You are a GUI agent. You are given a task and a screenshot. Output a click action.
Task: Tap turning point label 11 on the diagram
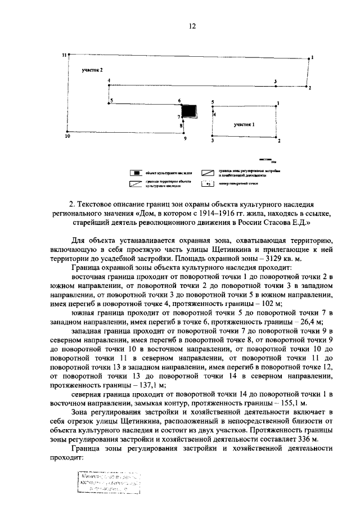click(x=64, y=55)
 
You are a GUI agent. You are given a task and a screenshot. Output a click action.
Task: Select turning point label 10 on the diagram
click(x=67, y=136)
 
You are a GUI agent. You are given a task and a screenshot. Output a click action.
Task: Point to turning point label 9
click(x=183, y=138)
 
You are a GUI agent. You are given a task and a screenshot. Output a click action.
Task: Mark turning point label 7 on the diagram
click(x=179, y=116)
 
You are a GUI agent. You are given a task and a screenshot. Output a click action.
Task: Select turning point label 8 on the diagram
click(x=181, y=127)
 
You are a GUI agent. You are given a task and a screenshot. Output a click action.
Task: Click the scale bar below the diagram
click(x=269, y=160)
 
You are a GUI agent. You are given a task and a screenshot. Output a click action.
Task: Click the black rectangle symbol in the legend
click(x=136, y=173)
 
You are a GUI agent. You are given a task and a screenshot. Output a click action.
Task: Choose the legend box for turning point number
click(x=208, y=183)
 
